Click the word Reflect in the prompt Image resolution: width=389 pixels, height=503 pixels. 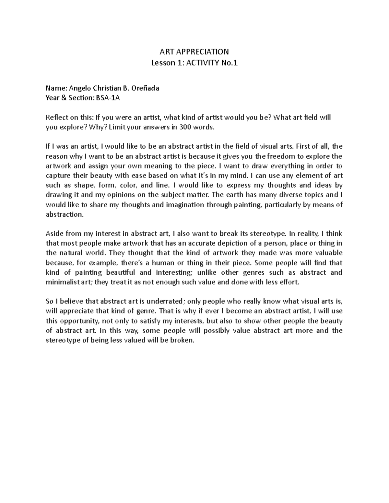coord(56,117)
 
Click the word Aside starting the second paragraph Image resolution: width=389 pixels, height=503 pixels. coord(55,234)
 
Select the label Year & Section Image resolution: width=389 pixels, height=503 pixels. coord(69,98)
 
